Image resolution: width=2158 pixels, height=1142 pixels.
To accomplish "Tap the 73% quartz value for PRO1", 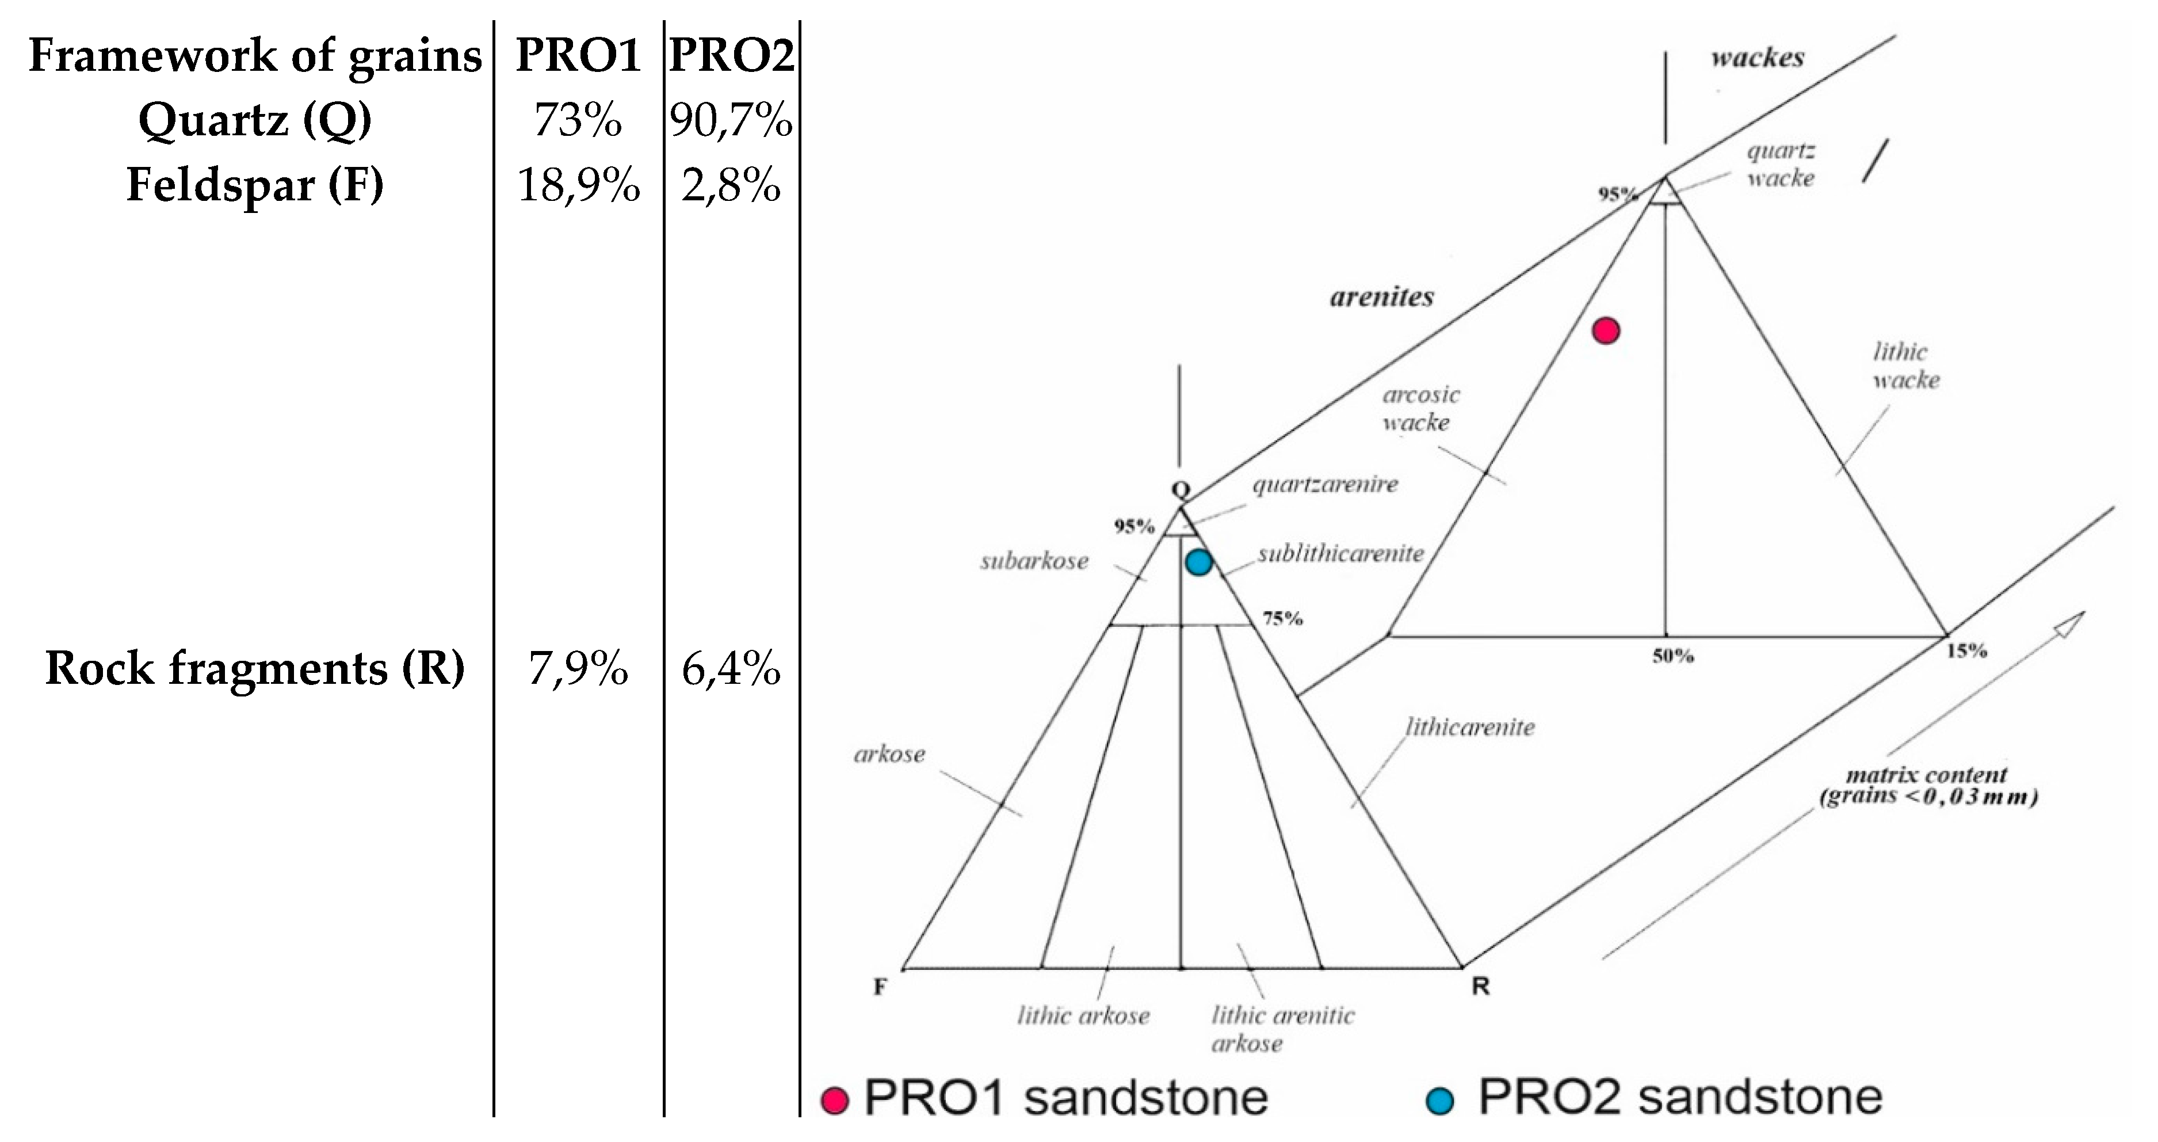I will pos(578,120).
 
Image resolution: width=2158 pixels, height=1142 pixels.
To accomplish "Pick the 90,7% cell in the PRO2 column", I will pos(731,120).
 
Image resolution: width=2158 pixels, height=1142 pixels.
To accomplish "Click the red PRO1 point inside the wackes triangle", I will pos(1605,331).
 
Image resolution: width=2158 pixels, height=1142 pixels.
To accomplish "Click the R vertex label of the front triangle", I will pos(1480,987).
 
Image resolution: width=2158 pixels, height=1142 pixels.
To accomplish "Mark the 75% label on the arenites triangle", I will pos(1282,618).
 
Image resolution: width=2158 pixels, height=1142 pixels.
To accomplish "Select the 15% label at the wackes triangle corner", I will pos(1966,650).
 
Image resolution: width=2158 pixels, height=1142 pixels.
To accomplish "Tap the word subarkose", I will pos(1034,561).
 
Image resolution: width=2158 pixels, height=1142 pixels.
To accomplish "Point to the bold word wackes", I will pos(1757,58).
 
